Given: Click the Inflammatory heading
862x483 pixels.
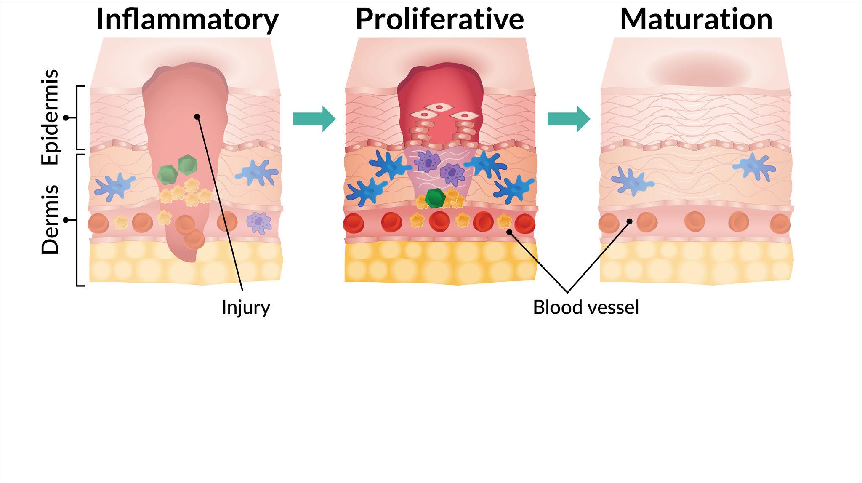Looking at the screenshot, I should tap(187, 19).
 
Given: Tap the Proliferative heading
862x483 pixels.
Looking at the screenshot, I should tap(439, 19).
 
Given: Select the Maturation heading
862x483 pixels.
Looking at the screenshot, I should tap(696, 19).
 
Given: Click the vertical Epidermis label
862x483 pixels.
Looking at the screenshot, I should tap(50, 117).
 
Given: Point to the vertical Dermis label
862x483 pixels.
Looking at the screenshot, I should tap(50, 219).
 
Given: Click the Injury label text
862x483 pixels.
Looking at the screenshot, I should tap(246, 307).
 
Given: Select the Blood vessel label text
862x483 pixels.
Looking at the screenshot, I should tap(586, 307).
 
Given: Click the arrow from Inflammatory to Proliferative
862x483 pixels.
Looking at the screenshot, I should tap(314, 119).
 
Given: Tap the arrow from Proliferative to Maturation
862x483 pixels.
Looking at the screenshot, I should tap(569, 119).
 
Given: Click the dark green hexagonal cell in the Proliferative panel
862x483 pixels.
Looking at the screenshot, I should tap(435, 198).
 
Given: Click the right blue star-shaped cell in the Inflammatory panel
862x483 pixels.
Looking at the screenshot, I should tap(258, 172).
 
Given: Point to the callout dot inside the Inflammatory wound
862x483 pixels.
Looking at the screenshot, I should tap(197, 117).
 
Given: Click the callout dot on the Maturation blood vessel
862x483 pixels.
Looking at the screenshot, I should tap(630, 221).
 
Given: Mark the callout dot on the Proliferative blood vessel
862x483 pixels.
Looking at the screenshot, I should tap(509, 232).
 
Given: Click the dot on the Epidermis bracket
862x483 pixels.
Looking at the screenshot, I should tap(66, 118).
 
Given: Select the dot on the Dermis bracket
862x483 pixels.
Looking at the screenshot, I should tap(66, 220).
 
